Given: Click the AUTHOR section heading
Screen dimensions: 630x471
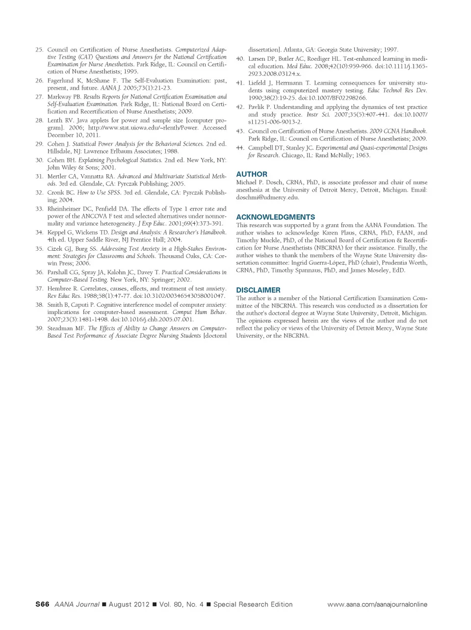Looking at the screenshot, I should pos(252,174).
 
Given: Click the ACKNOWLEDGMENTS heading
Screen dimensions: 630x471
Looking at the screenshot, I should pos(275,217).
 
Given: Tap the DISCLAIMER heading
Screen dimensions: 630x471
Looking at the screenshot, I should pos(258,290).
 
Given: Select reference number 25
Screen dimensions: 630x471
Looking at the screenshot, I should pos(40,50).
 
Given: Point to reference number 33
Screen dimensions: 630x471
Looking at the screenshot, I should pos(40,209).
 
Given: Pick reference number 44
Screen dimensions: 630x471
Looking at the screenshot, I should pos(240,148).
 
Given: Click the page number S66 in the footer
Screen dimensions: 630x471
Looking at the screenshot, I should pos(42,604).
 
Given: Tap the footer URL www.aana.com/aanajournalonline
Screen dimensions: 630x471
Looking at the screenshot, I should pos(377,604).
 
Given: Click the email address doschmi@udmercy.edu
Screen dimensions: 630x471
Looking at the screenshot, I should pos(267,198).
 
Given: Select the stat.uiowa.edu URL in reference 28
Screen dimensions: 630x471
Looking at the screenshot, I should pos(144,128).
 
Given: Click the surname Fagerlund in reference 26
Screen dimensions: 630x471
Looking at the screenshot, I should pos(61,81).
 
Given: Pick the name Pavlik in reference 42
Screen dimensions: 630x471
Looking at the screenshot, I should pos(257,107).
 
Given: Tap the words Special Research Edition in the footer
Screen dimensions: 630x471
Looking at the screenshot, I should pos(253,604).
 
